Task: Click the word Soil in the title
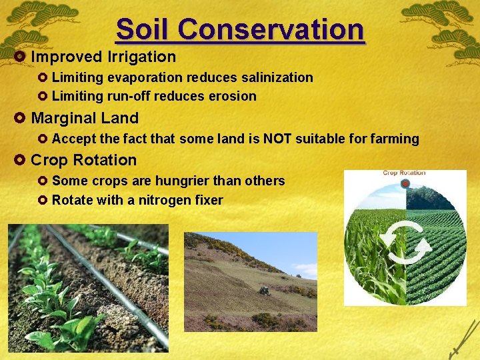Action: [x=143, y=29]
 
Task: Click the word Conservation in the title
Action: [x=271, y=29]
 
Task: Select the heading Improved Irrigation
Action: [x=103, y=57]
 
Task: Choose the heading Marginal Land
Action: [x=85, y=118]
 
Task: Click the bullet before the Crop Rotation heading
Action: [x=19, y=160]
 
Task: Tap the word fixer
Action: [x=208, y=200]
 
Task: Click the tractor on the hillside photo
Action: [x=264, y=291]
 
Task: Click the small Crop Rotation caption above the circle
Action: [x=403, y=173]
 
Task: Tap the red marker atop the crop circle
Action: [x=405, y=183]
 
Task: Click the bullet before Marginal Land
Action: [x=19, y=118]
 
